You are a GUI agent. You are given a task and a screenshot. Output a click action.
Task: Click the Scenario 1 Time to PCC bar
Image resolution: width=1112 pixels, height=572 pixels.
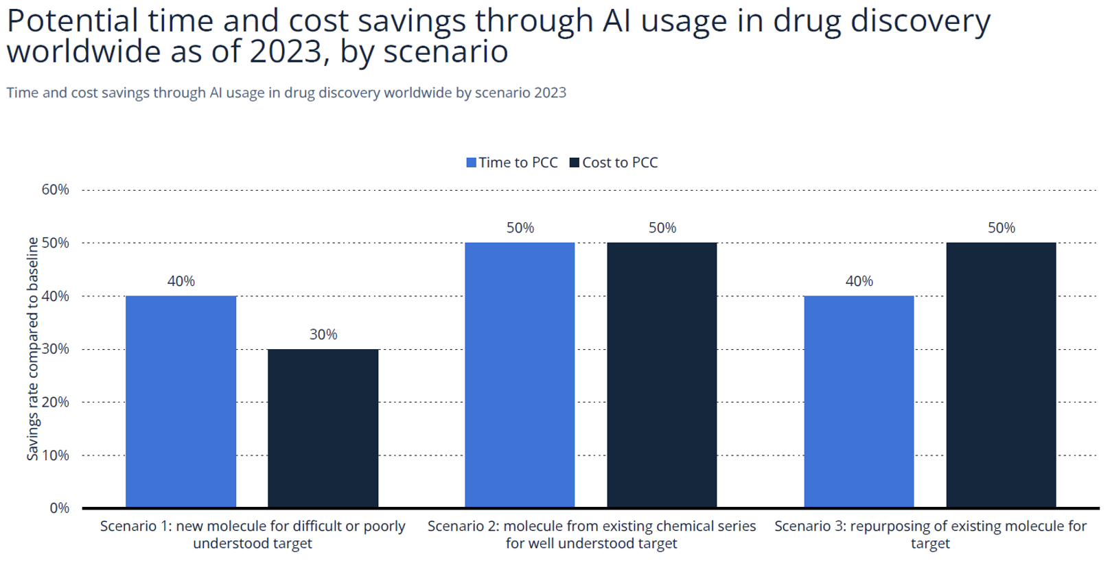[181, 401]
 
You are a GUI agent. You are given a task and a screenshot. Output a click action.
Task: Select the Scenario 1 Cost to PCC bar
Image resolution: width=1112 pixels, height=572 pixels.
[323, 428]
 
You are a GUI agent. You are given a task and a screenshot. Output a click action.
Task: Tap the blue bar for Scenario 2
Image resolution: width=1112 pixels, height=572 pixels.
[520, 374]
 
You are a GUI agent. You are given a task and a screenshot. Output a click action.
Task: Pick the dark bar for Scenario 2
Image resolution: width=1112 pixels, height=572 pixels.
[662, 374]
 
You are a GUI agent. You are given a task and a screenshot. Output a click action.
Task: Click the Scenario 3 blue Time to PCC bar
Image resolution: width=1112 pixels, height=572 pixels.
[859, 401]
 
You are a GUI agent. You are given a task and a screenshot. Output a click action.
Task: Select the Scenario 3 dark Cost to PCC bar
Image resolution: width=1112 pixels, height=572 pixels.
[1001, 374]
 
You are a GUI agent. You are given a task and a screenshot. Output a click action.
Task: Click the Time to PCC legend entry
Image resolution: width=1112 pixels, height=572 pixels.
[512, 163]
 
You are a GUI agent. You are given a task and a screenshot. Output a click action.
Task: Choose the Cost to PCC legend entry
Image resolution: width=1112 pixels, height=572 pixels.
[614, 163]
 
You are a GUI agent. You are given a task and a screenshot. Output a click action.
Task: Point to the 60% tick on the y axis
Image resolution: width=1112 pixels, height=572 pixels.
[55, 190]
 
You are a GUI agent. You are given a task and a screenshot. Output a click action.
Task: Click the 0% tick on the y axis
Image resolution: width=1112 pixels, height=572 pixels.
[59, 508]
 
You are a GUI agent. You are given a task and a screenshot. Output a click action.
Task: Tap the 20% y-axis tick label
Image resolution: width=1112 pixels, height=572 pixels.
[55, 402]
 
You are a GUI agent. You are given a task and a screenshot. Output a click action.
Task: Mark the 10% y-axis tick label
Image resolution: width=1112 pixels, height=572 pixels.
[55, 455]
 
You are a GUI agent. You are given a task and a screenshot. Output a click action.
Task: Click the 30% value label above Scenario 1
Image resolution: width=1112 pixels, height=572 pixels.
[323, 335]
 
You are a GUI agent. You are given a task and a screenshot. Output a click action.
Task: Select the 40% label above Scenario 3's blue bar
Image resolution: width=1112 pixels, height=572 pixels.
[859, 281]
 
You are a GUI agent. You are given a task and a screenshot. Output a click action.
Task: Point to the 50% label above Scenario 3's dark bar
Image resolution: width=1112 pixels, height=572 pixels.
[1001, 228]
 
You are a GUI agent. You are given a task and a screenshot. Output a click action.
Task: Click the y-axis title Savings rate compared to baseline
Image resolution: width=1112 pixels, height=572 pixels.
[32, 348]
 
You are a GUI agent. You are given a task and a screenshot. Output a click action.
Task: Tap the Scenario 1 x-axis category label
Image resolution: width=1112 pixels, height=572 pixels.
[253, 534]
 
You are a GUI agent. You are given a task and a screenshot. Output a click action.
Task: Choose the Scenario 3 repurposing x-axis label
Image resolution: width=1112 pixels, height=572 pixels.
[930, 534]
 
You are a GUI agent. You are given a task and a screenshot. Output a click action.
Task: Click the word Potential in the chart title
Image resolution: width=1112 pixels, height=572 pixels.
[72, 21]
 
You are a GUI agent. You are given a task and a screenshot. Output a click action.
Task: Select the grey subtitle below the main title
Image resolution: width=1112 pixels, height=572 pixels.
[286, 93]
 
